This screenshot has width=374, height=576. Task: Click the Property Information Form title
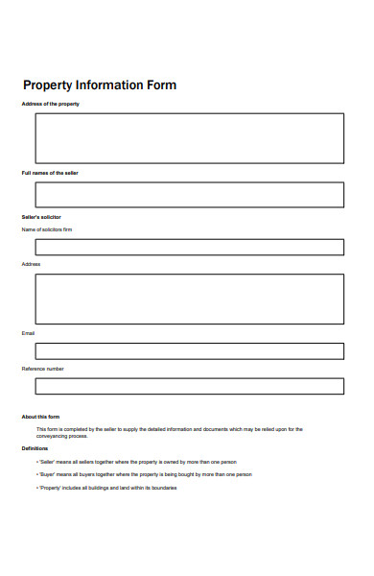click(100, 85)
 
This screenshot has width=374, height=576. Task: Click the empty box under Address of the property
click(189, 138)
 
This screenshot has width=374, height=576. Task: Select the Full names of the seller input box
click(189, 195)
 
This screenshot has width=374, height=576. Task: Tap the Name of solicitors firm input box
click(189, 247)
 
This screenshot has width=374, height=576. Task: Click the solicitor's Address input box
click(189, 299)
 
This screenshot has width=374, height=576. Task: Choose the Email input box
click(189, 351)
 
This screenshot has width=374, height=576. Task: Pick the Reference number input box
click(189, 386)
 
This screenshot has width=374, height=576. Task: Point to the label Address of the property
click(50, 104)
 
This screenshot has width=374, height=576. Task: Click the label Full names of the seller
click(50, 173)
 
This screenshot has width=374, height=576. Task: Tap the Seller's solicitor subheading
click(41, 217)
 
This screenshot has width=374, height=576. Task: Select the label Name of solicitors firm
click(46, 229)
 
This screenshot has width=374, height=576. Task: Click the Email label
click(28, 333)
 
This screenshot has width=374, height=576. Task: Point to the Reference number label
click(43, 369)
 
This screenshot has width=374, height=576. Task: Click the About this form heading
click(41, 417)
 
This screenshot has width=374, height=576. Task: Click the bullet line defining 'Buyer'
click(144, 474)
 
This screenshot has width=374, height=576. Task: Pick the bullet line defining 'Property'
click(106, 488)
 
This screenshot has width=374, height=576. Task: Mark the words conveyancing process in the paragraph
click(61, 436)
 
